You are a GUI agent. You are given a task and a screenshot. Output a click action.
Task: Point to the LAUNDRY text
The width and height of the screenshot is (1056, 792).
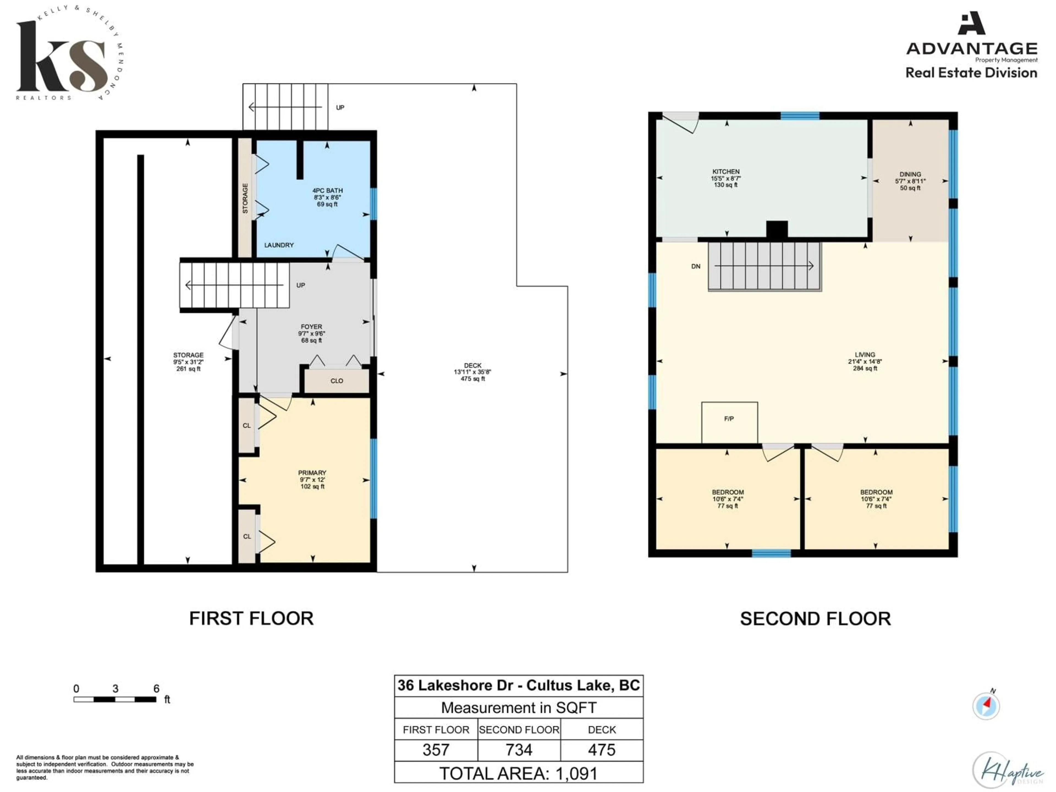click(279, 245)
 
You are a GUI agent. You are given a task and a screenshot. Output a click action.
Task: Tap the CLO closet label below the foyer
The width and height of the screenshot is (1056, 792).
click(337, 381)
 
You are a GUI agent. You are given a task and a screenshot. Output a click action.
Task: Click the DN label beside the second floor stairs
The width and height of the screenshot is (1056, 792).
click(695, 266)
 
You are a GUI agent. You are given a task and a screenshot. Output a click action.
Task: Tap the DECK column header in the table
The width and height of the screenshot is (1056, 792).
click(601, 730)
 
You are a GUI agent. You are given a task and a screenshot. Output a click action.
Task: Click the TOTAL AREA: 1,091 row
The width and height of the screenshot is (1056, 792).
click(518, 773)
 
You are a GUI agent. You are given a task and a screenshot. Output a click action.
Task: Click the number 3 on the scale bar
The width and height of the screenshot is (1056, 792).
click(115, 688)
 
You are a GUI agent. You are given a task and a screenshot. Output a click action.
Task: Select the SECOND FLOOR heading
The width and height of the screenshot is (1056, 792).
click(815, 619)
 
